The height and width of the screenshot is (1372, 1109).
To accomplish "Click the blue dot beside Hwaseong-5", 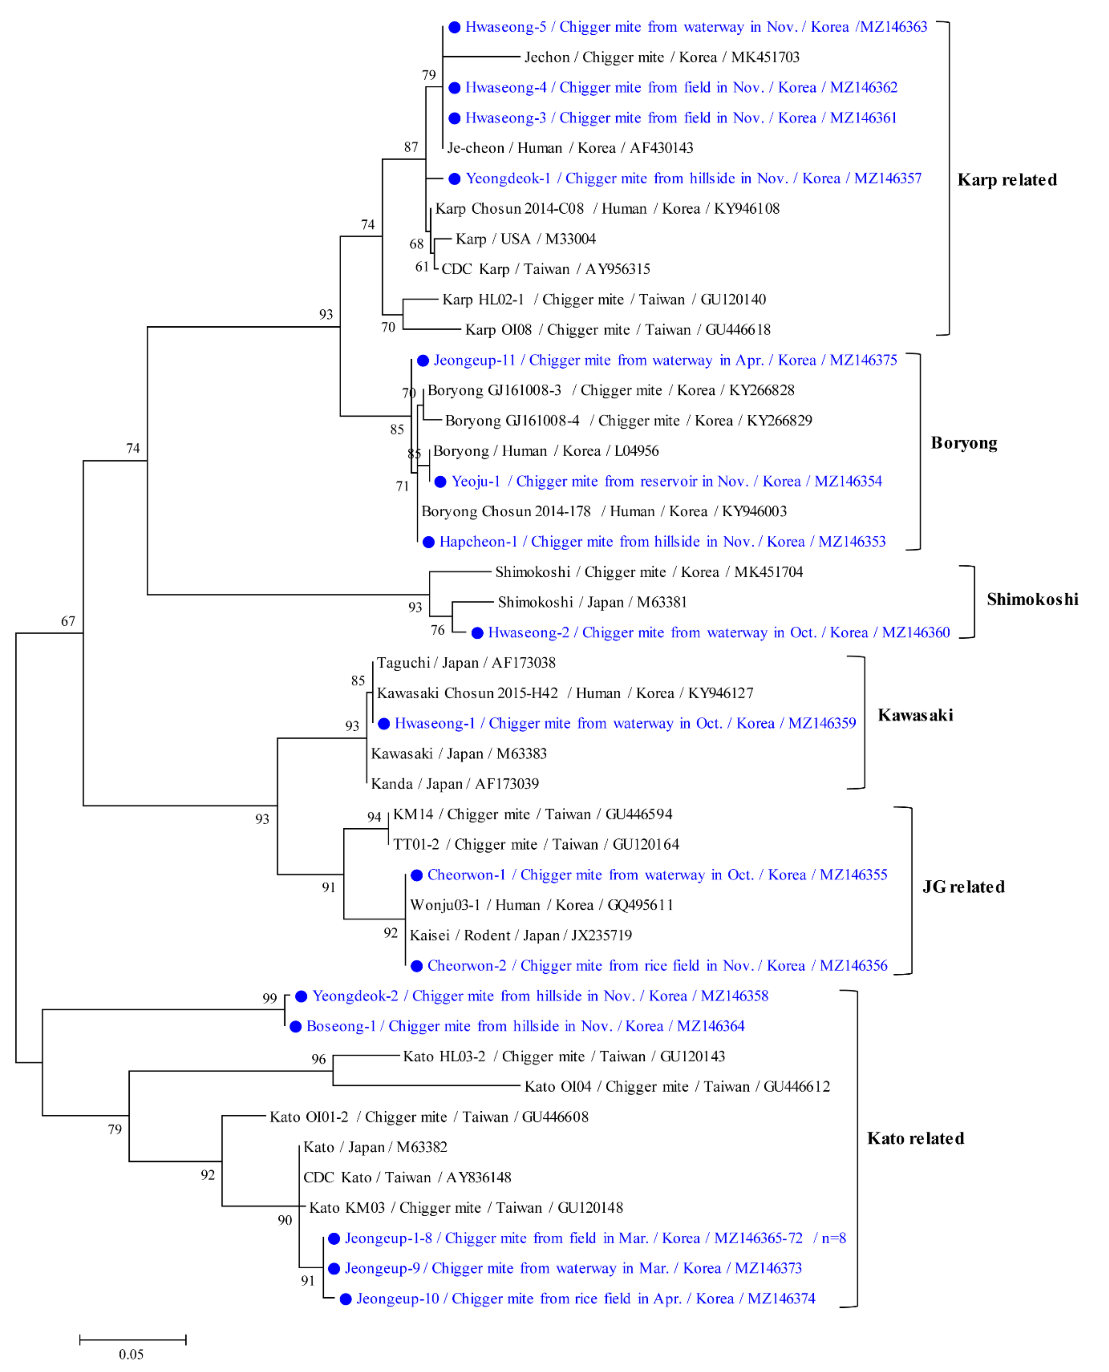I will [454, 27].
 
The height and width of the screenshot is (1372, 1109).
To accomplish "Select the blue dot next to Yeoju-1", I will [440, 481].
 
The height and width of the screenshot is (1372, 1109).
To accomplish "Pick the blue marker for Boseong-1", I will [295, 1027].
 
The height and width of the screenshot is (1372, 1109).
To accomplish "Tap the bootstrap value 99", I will [270, 998].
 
